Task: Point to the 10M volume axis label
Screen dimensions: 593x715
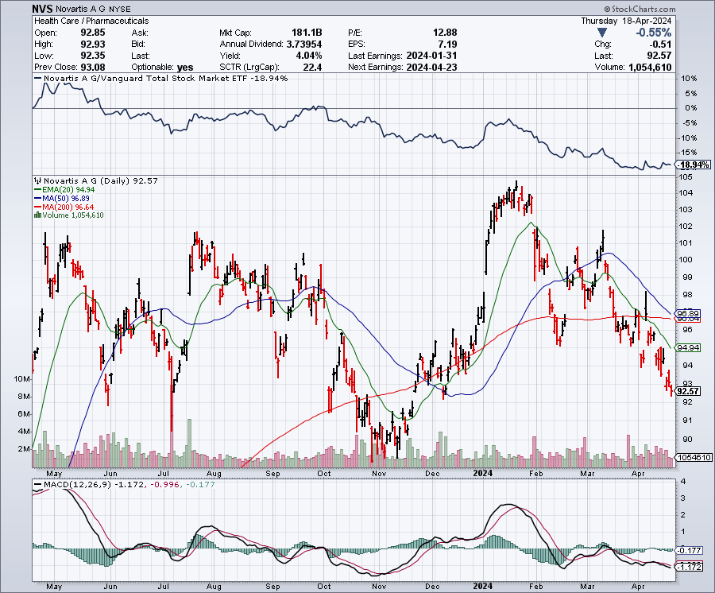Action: (x=23, y=379)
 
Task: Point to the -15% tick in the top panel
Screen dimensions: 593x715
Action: (x=687, y=152)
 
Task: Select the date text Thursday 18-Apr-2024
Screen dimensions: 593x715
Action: (x=627, y=21)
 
